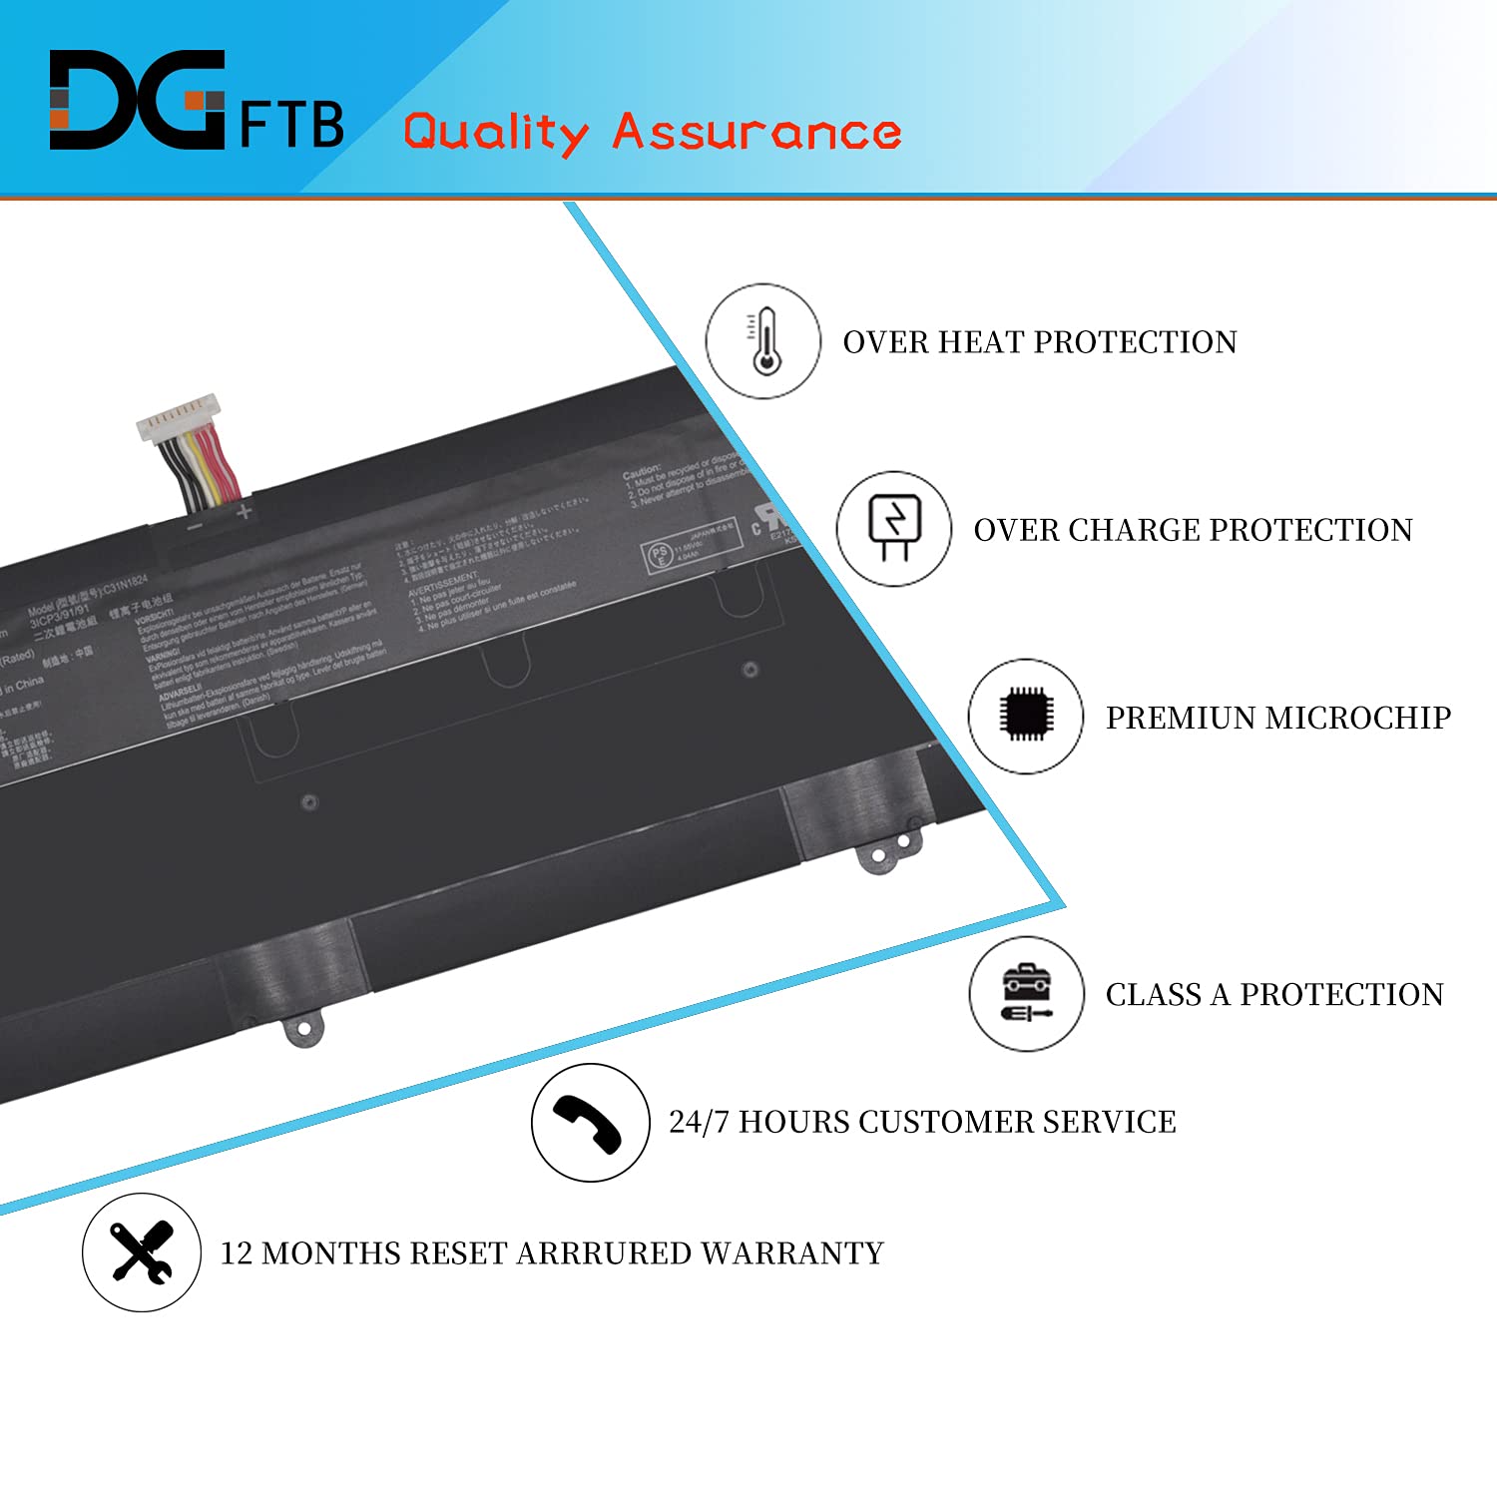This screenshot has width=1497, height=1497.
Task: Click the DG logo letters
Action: pos(137,100)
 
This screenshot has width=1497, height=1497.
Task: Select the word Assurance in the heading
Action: pos(756,132)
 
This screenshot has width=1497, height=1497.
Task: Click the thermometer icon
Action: pos(764,341)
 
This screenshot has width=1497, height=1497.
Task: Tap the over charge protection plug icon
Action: pos(894,528)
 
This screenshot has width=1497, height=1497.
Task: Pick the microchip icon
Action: pos(1026,716)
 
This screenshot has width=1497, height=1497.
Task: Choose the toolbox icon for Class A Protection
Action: pos(1026,993)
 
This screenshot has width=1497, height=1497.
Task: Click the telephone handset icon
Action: pos(590,1123)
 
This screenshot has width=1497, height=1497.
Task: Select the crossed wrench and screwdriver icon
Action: pos(142,1251)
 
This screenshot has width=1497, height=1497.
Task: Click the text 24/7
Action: pos(700,1122)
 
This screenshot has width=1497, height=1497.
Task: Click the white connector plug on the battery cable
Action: pos(178,415)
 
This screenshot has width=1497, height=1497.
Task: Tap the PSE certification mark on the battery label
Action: pos(660,556)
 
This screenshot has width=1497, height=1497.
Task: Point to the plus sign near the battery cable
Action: pos(244,512)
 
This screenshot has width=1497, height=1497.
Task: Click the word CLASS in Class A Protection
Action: pos(1153,995)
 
